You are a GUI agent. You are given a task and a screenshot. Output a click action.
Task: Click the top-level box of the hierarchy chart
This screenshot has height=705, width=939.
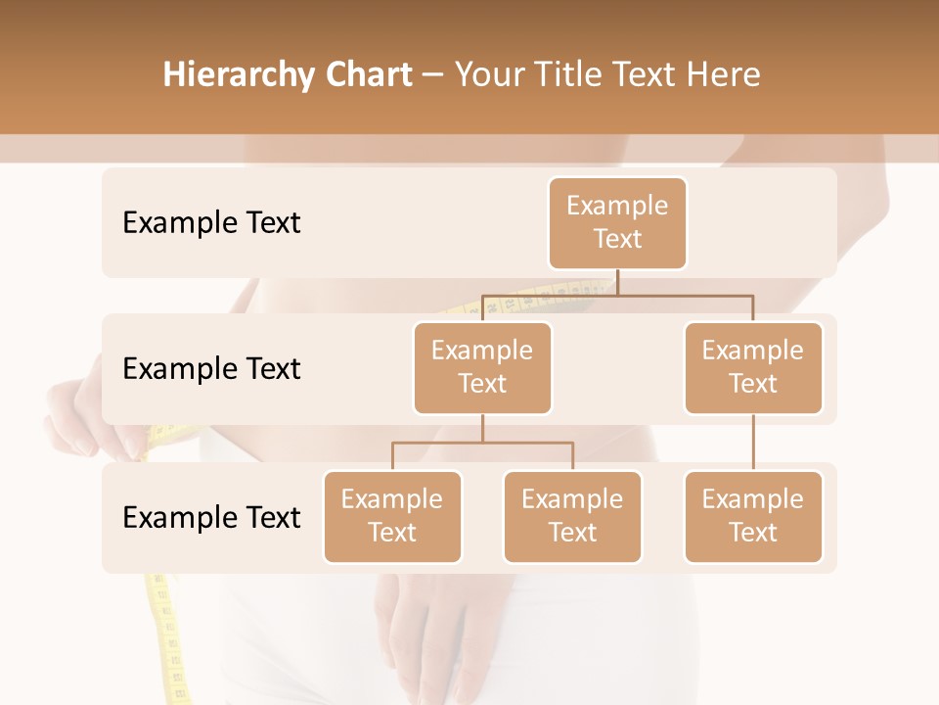(617, 222)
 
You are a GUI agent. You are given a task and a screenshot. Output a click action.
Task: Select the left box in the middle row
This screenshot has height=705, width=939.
(482, 367)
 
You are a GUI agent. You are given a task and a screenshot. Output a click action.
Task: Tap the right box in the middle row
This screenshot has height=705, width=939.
(753, 367)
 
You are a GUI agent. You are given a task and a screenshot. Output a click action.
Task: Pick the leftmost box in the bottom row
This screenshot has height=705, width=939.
(392, 516)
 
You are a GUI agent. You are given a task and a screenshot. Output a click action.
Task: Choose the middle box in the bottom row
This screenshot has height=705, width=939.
(572, 516)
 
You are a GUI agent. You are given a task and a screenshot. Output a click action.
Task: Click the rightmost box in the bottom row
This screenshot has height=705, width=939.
(753, 516)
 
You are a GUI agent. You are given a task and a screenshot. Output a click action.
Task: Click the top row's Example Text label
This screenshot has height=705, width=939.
(211, 223)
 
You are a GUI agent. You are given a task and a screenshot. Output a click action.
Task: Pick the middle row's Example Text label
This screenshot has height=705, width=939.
(211, 369)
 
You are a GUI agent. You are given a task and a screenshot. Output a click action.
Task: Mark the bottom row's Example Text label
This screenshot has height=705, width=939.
(211, 517)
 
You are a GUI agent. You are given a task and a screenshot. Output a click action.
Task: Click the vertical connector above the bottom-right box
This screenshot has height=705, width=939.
(753, 443)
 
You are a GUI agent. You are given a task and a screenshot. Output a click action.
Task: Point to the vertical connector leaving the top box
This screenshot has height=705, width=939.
(617, 282)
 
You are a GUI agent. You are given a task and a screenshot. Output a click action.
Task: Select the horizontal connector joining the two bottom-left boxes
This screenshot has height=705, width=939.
(482, 443)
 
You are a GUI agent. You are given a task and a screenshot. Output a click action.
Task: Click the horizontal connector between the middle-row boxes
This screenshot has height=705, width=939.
(617, 294)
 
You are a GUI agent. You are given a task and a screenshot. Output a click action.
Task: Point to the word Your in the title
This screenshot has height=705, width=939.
(487, 75)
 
